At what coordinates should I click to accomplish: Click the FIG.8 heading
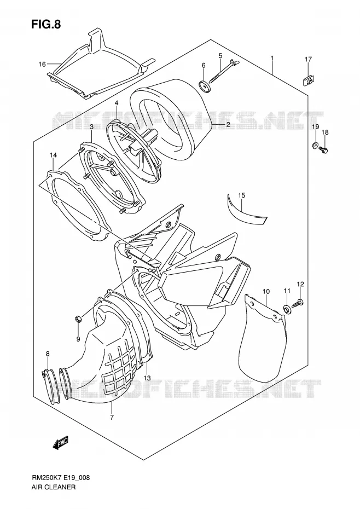point(46,25)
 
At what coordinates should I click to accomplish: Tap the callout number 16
point(42,64)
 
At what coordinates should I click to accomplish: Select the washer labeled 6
point(204,86)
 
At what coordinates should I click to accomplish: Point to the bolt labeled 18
point(324,150)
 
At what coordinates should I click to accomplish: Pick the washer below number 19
point(315,146)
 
